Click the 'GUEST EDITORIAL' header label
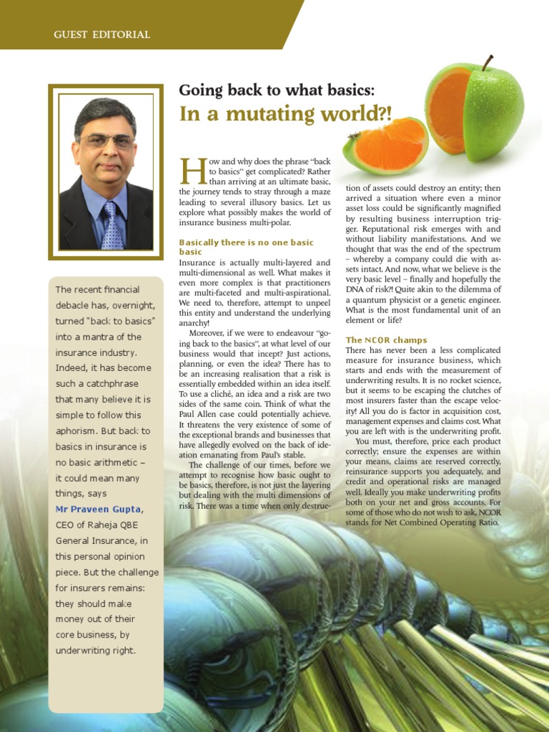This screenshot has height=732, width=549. pyautogui.click(x=102, y=34)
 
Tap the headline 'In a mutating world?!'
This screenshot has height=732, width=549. pyautogui.click(x=285, y=114)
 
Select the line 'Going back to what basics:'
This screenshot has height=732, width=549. pyautogui.click(x=277, y=90)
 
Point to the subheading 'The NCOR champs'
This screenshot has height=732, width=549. pyautogui.click(x=386, y=340)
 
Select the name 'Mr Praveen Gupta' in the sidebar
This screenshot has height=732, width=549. pyautogui.click(x=99, y=509)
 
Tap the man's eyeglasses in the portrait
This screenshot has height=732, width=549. pyautogui.click(x=107, y=141)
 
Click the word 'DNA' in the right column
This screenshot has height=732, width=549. pyautogui.click(x=357, y=290)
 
